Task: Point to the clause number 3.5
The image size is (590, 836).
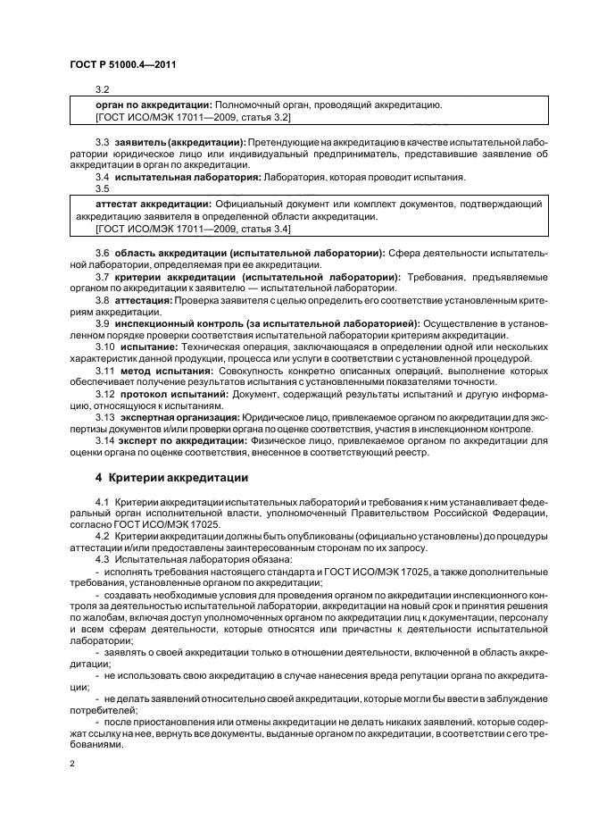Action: click(x=102, y=188)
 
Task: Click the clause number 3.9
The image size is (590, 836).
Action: click(x=103, y=322)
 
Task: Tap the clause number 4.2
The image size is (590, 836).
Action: click(x=103, y=533)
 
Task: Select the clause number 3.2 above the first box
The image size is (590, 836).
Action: click(x=102, y=89)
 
